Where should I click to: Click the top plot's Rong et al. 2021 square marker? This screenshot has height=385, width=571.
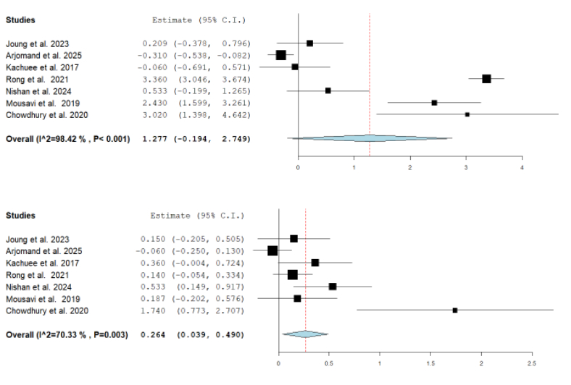(x=486, y=79)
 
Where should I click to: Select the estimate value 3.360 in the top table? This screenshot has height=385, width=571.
(x=154, y=79)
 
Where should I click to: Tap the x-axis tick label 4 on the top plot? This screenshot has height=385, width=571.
(x=522, y=167)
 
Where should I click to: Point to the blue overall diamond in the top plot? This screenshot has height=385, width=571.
(x=370, y=137)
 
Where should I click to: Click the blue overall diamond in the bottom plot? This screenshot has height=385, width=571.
(x=305, y=334)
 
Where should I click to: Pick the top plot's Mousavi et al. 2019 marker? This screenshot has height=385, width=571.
(x=434, y=103)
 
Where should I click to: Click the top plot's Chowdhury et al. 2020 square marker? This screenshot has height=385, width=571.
(x=467, y=114)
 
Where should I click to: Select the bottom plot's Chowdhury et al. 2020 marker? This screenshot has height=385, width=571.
(x=455, y=310)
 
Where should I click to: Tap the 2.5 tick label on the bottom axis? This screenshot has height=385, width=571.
(x=532, y=363)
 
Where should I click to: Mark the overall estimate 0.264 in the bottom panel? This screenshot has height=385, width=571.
(x=154, y=334)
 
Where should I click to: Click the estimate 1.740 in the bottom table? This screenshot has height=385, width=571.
(x=154, y=310)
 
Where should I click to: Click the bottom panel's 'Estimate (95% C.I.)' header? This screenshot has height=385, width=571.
(x=197, y=216)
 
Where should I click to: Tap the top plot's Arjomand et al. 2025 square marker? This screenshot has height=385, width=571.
(x=281, y=55)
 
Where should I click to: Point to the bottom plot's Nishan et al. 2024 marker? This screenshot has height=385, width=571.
(x=333, y=287)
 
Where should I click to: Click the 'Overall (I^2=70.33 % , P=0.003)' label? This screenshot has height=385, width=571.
(x=67, y=334)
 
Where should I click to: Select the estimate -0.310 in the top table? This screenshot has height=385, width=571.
(x=152, y=55)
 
